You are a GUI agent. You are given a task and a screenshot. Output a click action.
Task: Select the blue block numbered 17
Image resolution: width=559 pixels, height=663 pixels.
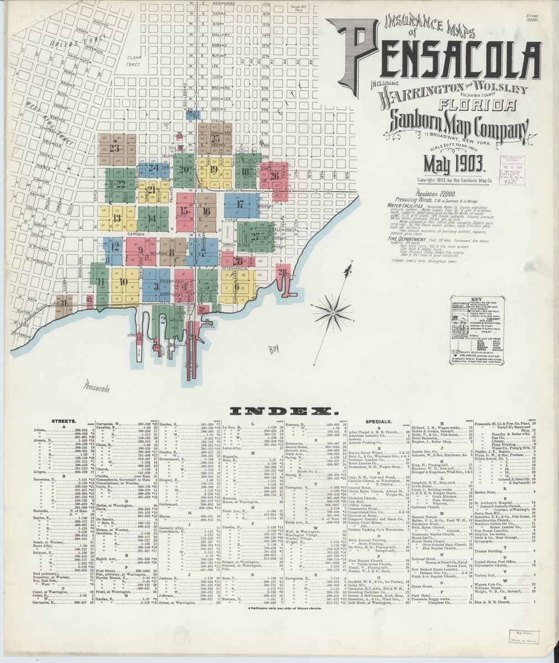pyautogui.click(x=240, y=204)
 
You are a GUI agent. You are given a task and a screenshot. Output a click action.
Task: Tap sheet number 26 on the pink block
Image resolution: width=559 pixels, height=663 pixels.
pyautogui.click(x=275, y=176)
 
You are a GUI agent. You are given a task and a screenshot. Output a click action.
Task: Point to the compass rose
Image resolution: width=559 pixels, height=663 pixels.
pyautogui.click(x=333, y=304)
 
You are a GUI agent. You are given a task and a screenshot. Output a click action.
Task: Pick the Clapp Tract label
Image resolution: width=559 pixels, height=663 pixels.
pyautogui.click(x=134, y=61)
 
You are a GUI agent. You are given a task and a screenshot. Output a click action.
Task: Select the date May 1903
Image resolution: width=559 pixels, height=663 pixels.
pyautogui.click(x=454, y=164)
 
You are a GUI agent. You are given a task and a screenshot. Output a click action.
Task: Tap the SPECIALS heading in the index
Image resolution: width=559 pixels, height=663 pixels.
pyautogui.click(x=379, y=422)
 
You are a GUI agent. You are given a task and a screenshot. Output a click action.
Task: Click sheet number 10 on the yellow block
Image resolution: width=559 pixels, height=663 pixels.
pyautogui.click(x=123, y=282)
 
